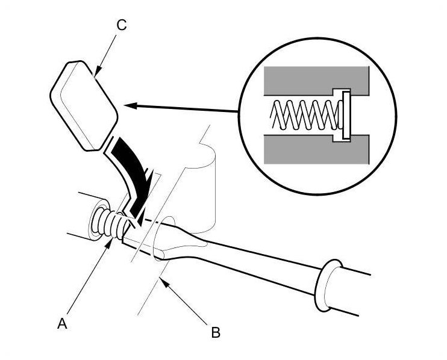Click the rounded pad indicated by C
tap(83, 104)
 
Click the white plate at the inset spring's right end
tap(346, 114)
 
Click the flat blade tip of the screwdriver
tap(136, 241)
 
